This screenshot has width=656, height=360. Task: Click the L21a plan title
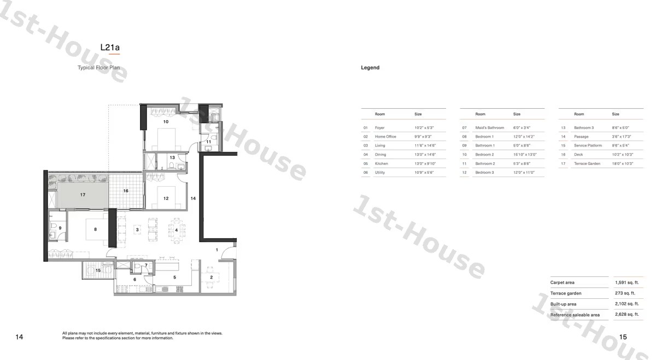point(110,48)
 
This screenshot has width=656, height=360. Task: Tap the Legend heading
point(370,68)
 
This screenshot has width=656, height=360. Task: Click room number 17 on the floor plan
point(83,194)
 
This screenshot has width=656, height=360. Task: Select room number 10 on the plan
point(166,122)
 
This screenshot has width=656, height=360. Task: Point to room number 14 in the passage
point(193,198)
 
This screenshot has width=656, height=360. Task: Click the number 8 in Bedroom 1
point(95,229)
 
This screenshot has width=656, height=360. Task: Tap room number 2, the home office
point(211,278)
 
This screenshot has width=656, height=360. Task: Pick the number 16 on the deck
point(126,191)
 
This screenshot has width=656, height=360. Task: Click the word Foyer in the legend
point(379,128)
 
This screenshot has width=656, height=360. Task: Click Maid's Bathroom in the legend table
point(489,128)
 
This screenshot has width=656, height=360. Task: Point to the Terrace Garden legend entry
point(587,164)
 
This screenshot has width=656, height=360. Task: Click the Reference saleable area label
point(575,315)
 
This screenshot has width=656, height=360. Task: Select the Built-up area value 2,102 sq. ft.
point(626,304)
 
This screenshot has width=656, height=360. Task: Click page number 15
point(623,337)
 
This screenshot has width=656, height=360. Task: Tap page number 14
point(19,337)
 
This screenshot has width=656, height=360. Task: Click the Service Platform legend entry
point(588,146)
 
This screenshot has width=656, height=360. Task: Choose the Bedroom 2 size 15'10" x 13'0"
point(525,155)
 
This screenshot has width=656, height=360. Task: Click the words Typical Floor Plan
point(99,68)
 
